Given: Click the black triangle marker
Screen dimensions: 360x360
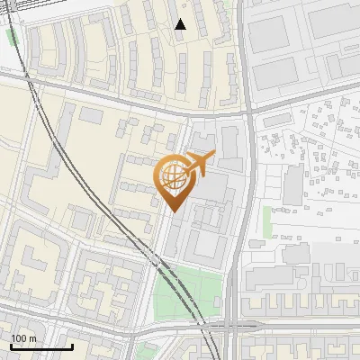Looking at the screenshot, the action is (181, 24).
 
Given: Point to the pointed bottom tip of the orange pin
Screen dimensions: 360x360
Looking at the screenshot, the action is (173, 212).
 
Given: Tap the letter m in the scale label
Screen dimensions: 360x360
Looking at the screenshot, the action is (33, 338).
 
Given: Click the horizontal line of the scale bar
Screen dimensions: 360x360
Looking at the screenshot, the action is (41, 346).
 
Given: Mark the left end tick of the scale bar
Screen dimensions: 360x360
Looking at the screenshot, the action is (12, 345).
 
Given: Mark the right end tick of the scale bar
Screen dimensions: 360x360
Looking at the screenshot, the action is (72, 345).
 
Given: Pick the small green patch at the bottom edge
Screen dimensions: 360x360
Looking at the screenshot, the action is (144, 351).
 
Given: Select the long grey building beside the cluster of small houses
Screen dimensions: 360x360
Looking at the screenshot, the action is (293, 184).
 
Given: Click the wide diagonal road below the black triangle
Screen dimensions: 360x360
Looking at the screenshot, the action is (135, 98).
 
